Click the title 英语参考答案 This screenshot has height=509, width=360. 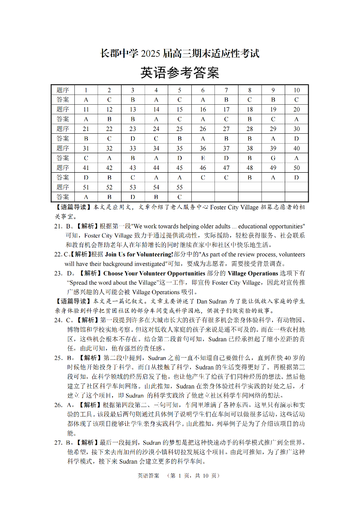pos(180,73)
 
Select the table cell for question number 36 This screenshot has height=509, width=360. pos(203,148)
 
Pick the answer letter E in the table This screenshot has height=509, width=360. pos(203,158)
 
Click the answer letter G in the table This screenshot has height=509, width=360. pos(273,158)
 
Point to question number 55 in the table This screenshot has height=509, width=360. pos(180,187)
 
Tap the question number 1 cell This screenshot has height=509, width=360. pos(86,90)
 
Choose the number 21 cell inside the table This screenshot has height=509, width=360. pos(86,129)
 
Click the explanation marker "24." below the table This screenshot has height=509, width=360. pos(58,320)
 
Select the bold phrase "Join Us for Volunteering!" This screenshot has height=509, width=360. pos(139,254)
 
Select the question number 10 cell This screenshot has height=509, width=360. pos(297,90)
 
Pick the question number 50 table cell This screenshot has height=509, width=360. pos(297,168)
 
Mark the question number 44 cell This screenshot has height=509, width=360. pos(156,168)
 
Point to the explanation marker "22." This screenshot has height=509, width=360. pos(58,254)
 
